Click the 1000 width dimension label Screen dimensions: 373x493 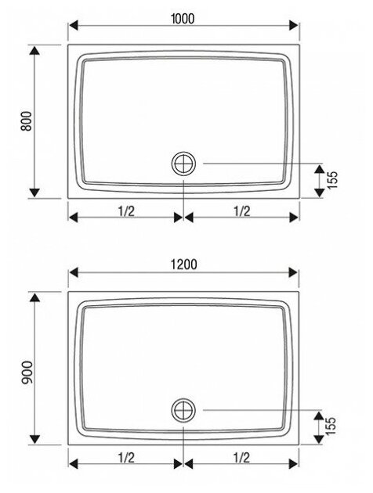click(183, 19)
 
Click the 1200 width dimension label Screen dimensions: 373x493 click(184, 264)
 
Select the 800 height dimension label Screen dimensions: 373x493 click(27, 121)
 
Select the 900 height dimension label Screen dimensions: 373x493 click(27, 373)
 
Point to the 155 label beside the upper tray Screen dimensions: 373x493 click(333, 179)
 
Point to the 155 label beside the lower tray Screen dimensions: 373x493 click(331, 426)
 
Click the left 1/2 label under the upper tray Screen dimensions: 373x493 click(126, 211)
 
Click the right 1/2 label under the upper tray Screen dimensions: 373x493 click(241, 211)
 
